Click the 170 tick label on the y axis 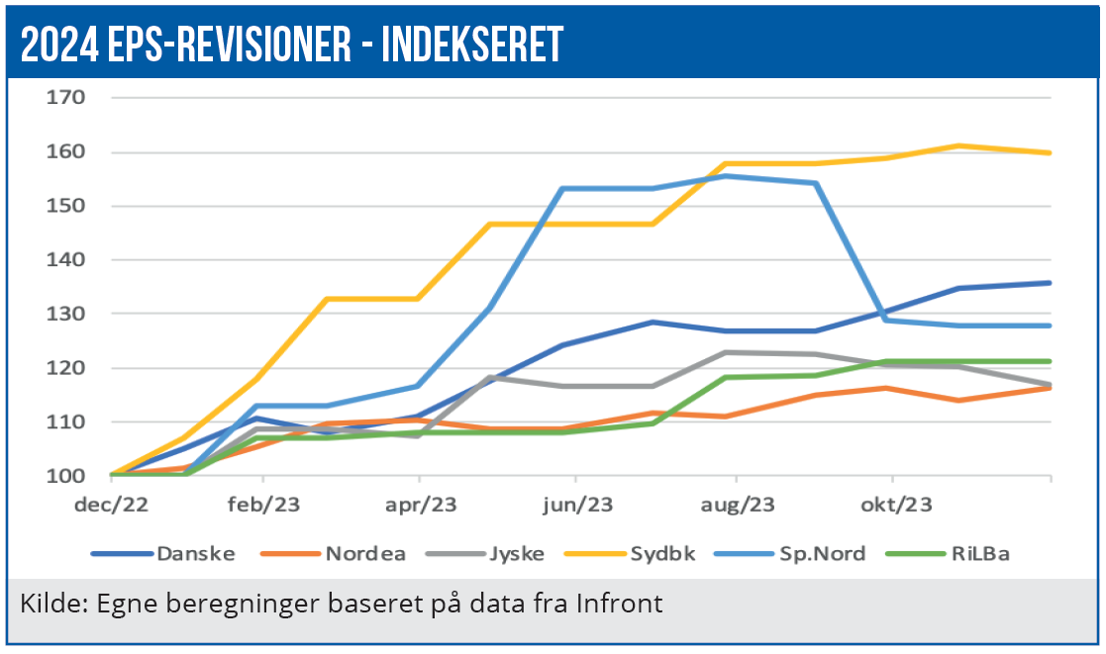tap(67, 97)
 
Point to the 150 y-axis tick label tap(67, 206)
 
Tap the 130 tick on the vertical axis tap(67, 314)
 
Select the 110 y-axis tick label tap(67, 421)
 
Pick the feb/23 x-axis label tap(264, 505)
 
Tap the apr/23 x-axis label tap(422, 505)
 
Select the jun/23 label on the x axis tap(578, 505)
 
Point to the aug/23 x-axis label tap(737, 505)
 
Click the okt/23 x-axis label tap(896, 505)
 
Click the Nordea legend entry tap(364, 553)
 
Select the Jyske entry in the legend tap(516, 553)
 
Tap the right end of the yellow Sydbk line tap(1050, 152)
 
